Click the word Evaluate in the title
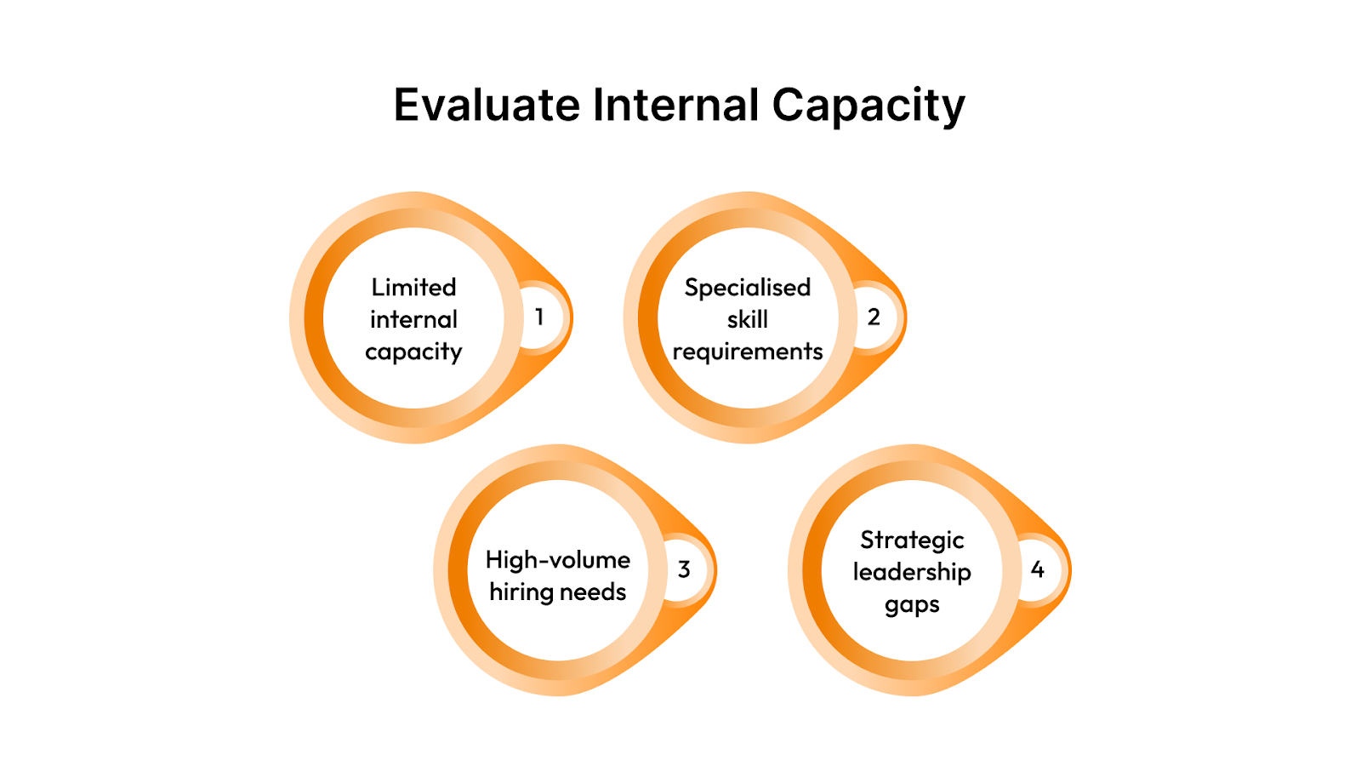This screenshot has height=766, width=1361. (x=487, y=106)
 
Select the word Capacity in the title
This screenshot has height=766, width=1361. (x=868, y=107)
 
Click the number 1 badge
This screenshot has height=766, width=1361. (x=538, y=317)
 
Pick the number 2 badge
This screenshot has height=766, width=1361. (x=873, y=317)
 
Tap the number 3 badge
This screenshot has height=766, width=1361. (x=684, y=570)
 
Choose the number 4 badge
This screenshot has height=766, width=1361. (x=1037, y=569)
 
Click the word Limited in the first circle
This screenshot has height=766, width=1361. (x=413, y=288)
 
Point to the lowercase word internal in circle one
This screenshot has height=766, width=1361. (x=413, y=319)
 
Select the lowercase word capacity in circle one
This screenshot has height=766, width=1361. (x=413, y=352)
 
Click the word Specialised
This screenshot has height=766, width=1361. (x=748, y=289)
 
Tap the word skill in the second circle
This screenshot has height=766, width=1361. (x=748, y=319)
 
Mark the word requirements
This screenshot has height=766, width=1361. (x=748, y=352)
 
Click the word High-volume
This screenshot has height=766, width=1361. (x=558, y=560)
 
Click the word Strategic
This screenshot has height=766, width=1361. (x=912, y=541)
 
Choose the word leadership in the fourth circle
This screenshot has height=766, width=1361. (x=912, y=572)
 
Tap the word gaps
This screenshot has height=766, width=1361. (x=912, y=605)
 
